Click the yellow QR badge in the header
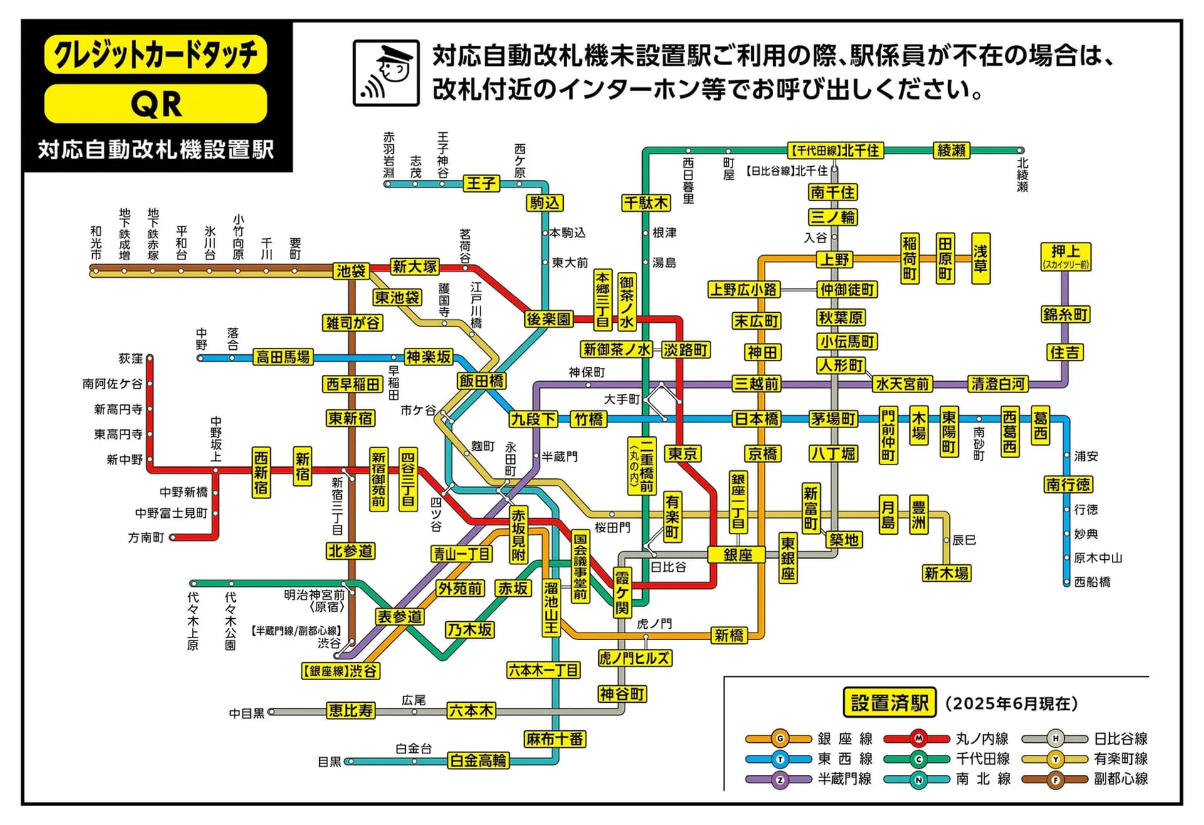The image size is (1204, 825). point(156,103)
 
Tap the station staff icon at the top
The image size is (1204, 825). point(386,73)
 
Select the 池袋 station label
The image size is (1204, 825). point(351,271)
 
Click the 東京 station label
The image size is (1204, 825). point(683,453)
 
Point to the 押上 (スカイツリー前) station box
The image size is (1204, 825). point(1065,256)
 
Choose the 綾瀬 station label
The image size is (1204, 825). point(951,150)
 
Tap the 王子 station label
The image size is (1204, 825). point(481,183)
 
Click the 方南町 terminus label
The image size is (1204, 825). point(145,537)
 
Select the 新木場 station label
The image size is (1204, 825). point(946,573)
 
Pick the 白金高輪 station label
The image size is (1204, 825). point(478,760)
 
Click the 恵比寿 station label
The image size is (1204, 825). point(351,710)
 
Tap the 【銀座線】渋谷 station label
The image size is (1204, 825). point(341,671)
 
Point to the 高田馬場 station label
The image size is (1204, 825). point(283,357)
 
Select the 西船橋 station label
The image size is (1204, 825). point(1092,582)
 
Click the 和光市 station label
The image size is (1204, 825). point(96,243)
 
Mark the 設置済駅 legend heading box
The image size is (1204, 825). point(889,703)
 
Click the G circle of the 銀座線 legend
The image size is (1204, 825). point(779,738)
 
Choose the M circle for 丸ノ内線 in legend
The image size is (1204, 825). point(918,738)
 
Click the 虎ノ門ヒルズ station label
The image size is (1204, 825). point(635,658)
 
